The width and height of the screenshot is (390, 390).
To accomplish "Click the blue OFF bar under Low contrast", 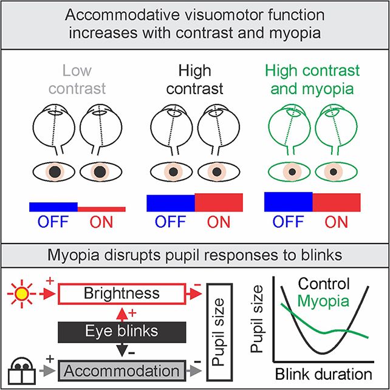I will (x=53, y=207).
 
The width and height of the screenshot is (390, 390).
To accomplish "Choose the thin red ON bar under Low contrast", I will (x=101, y=209).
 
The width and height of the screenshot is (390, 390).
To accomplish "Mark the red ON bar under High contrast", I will (x=219, y=202).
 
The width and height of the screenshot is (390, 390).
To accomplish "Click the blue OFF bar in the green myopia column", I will (x=289, y=200).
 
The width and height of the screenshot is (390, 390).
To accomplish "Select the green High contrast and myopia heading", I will (x=313, y=80).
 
